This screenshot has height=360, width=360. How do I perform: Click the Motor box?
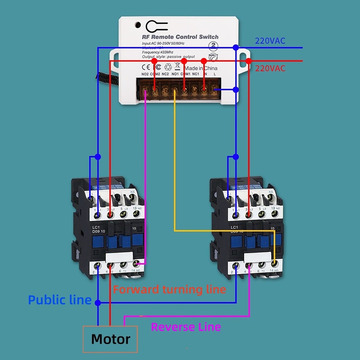pyautogui.click(x=110, y=339)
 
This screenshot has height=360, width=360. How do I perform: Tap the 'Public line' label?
pyautogui.click(x=60, y=300)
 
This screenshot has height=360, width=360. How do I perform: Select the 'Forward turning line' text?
pyautogui.click(x=170, y=289)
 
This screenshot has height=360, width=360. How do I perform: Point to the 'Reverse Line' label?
pyautogui.click(x=186, y=327)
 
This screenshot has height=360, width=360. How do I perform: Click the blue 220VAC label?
pyautogui.click(x=270, y=41)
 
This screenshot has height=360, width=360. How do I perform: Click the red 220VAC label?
pyautogui.click(x=270, y=68)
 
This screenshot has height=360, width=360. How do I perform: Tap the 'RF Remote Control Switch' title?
pyautogui.click(x=180, y=37)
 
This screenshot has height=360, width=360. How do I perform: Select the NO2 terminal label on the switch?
pyautogui.click(x=145, y=74)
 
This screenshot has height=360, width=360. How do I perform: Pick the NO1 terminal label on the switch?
pyautogui.click(x=175, y=74)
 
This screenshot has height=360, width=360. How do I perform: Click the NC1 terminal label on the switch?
pyautogui.click(x=195, y=74)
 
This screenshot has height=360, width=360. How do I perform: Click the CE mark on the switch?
pyautogui.click(x=145, y=67)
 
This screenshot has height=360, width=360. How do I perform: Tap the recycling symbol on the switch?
pyautogui.click(x=168, y=67)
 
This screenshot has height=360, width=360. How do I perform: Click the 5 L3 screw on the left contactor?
pyautogui.click(x=123, y=215)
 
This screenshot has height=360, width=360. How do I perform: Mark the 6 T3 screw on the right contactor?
pyautogui.click(x=262, y=265)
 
